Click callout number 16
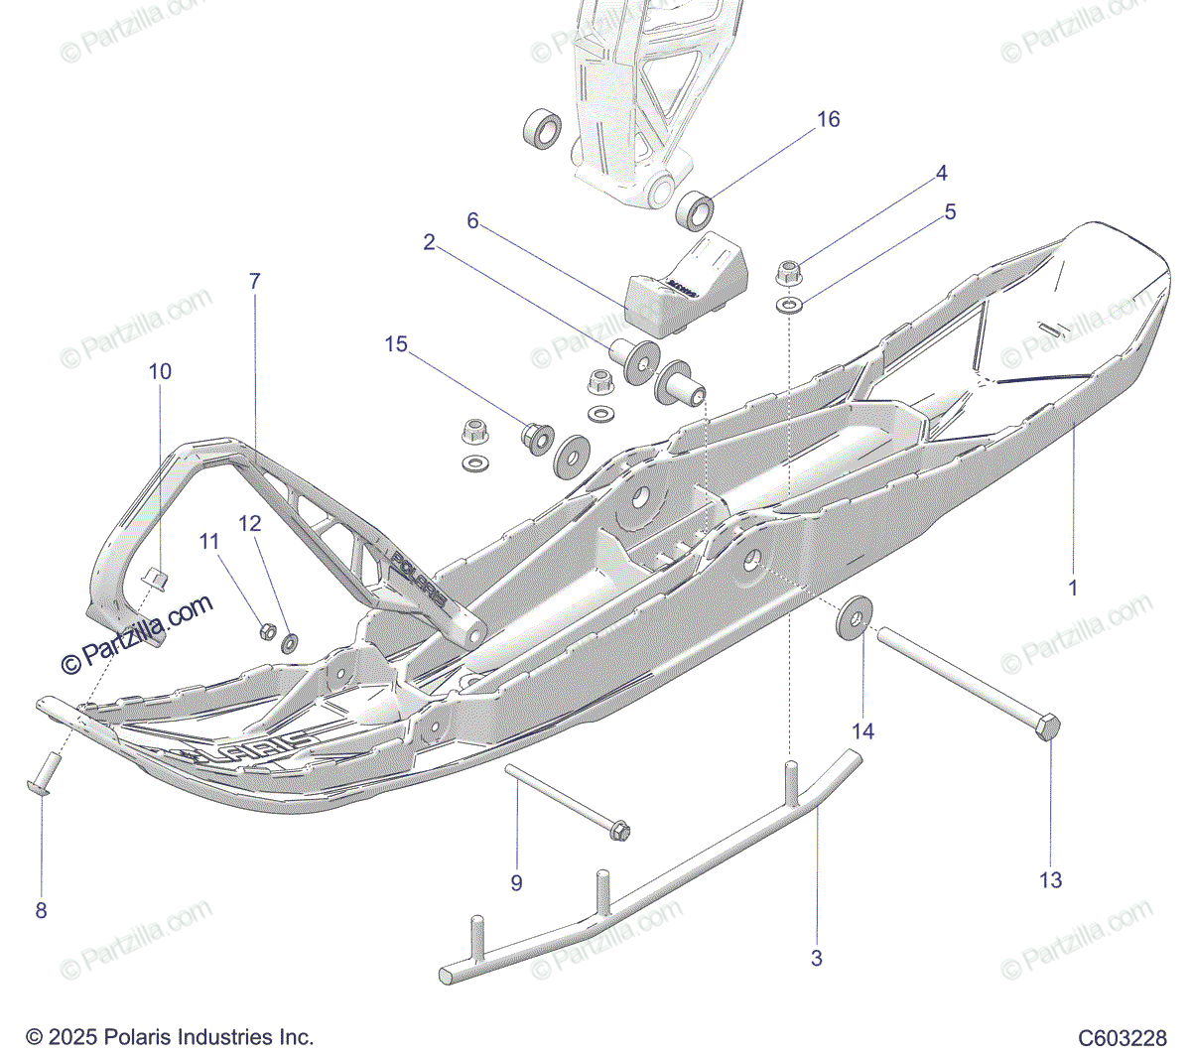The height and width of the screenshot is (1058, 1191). (x=828, y=120)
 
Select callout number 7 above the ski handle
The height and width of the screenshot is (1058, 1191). (x=254, y=282)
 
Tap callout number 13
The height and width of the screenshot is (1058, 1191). (x=1050, y=880)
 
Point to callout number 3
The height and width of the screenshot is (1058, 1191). (x=817, y=959)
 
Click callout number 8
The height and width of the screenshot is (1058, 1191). (x=41, y=910)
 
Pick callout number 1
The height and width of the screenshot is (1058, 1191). (x=1072, y=588)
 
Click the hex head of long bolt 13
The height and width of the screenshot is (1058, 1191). (x=1048, y=727)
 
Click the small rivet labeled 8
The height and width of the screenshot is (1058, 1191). (x=46, y=773)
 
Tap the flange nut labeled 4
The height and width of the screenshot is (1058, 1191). (x=787, y=269)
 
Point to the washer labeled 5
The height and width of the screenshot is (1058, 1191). (x=789, y=303)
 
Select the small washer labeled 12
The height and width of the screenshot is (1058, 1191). (x=290, y=642)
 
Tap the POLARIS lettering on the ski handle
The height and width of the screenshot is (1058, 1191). (x=417, y=577)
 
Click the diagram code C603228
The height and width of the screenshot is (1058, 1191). (x=1123, y=1038)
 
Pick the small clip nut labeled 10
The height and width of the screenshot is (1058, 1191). (x=154, y=577)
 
